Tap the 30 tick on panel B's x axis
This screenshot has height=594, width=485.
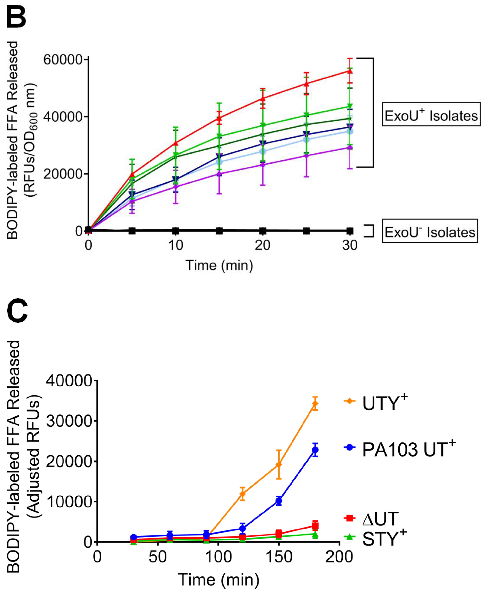350,245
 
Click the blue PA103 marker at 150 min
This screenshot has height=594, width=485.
279,501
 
